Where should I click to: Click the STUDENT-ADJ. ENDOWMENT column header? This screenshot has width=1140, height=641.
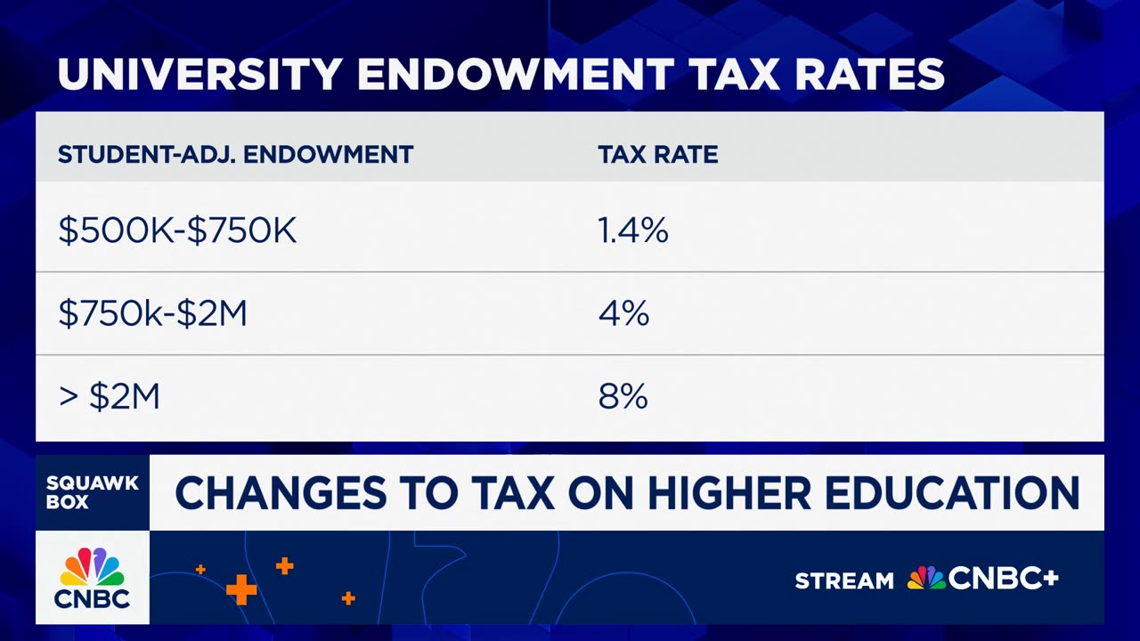coord(235,155)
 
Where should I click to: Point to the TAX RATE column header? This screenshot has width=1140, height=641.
coord(657,155)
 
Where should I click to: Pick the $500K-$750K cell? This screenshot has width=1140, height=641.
coord(177,231)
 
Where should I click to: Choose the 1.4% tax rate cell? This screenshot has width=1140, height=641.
coord(632,231)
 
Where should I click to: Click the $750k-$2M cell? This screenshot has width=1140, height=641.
coord(152,314)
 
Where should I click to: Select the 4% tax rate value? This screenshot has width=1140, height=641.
coord(623,314)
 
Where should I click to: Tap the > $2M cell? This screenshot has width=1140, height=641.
coord(109,397)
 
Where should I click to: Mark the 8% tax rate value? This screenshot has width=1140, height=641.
coord(623,397)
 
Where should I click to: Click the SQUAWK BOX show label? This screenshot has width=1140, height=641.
coord(92,492)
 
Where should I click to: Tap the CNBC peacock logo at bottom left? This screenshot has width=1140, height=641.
coord(92,567)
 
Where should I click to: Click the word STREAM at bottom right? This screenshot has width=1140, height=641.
coord(843,581)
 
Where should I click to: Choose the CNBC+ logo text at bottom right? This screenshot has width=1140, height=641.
coord(1004,580)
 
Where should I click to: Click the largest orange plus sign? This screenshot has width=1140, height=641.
coord(240,589)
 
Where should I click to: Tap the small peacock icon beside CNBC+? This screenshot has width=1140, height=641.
coord(926,579)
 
